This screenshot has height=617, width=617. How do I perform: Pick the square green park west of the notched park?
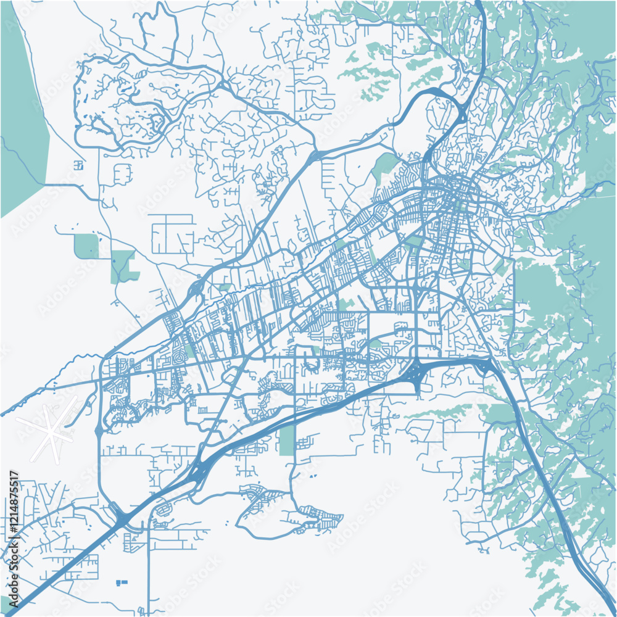86,246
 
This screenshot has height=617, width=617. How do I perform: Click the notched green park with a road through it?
124,266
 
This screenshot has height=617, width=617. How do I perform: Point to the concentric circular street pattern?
180,357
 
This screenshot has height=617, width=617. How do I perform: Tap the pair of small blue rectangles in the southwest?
121,582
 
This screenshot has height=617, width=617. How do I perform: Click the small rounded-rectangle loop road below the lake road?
122,174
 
